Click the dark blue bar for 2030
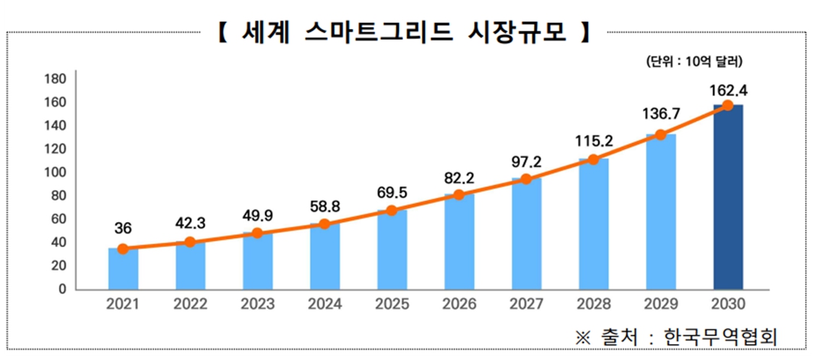click(728, 199)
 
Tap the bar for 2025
click(392, 250)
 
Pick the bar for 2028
click(593, 224)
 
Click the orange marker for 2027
click(526, 179)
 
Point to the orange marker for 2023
click(257, 233)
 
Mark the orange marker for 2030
click(728, 106)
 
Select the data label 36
click(123, 229)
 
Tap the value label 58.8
click(324, 206)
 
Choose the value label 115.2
click(593, 142)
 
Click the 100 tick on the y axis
click(56, 172)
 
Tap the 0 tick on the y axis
click(62, 289)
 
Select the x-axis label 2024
click(324, 304)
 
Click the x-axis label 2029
click(660, 304)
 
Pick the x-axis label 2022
click(190, 304)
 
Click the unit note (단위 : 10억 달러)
click(694, 62)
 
